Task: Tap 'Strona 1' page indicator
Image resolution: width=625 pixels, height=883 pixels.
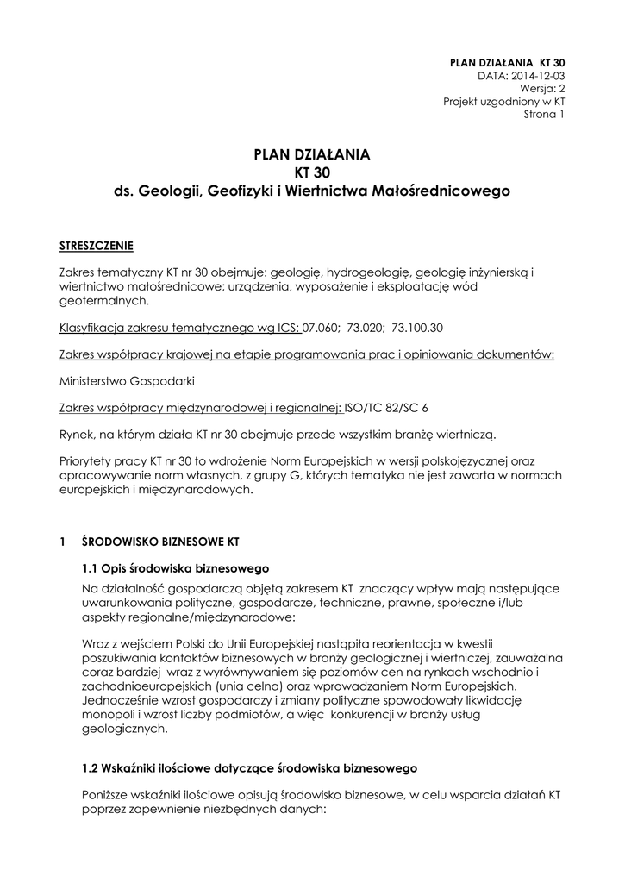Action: click(x=544, y=114)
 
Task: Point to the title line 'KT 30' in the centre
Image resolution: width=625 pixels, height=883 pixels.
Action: click(x=311, y=172)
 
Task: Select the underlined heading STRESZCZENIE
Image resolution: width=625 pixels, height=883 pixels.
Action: click(x=96, y=246)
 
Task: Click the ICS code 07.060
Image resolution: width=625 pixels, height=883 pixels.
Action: click(x=321, y=329)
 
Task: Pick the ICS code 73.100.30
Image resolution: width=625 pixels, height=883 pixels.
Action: click(x=418, y=329)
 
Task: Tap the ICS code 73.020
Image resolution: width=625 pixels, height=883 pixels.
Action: click(x=366, y=329)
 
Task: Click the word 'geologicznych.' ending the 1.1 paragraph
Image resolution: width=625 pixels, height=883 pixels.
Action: click(x=121, y=728)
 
